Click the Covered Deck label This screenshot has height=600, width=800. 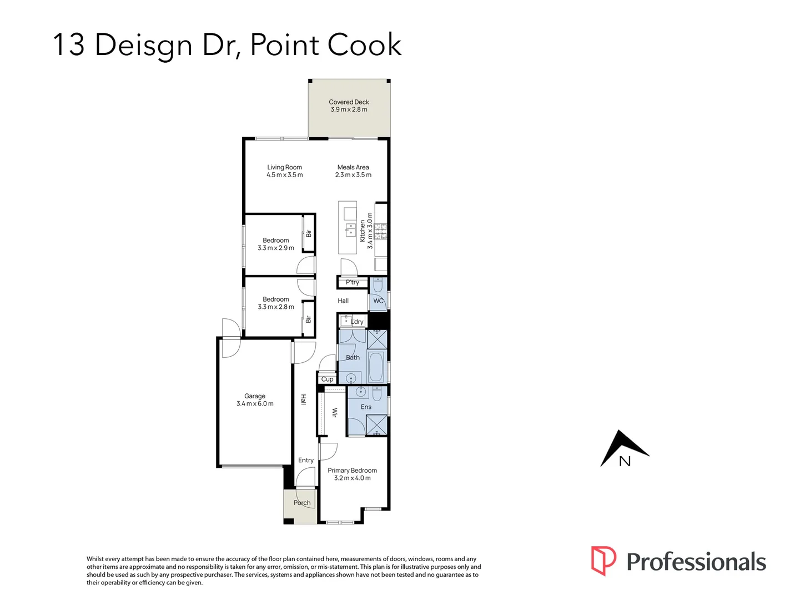[349, 102]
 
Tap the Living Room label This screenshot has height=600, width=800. [284, 167]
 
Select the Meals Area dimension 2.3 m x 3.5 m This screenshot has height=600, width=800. [353, 175]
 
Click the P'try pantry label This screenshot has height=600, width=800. [352, 282]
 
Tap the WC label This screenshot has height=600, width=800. [378, 301]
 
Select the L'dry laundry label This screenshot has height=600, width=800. [357, 322]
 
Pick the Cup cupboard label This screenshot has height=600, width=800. [327, 379]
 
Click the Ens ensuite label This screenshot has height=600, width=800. [366, 407]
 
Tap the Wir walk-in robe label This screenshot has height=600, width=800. [334, 412]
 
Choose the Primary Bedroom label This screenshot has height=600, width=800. [352, 471]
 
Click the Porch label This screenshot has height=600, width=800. [302, 503]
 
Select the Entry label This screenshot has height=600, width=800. [305, 460]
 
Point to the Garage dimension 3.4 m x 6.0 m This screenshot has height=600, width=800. [255, 404]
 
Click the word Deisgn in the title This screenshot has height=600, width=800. [143, 46]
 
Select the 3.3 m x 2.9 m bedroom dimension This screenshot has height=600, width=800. [276, 248]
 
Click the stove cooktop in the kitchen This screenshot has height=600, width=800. [380, 231]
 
